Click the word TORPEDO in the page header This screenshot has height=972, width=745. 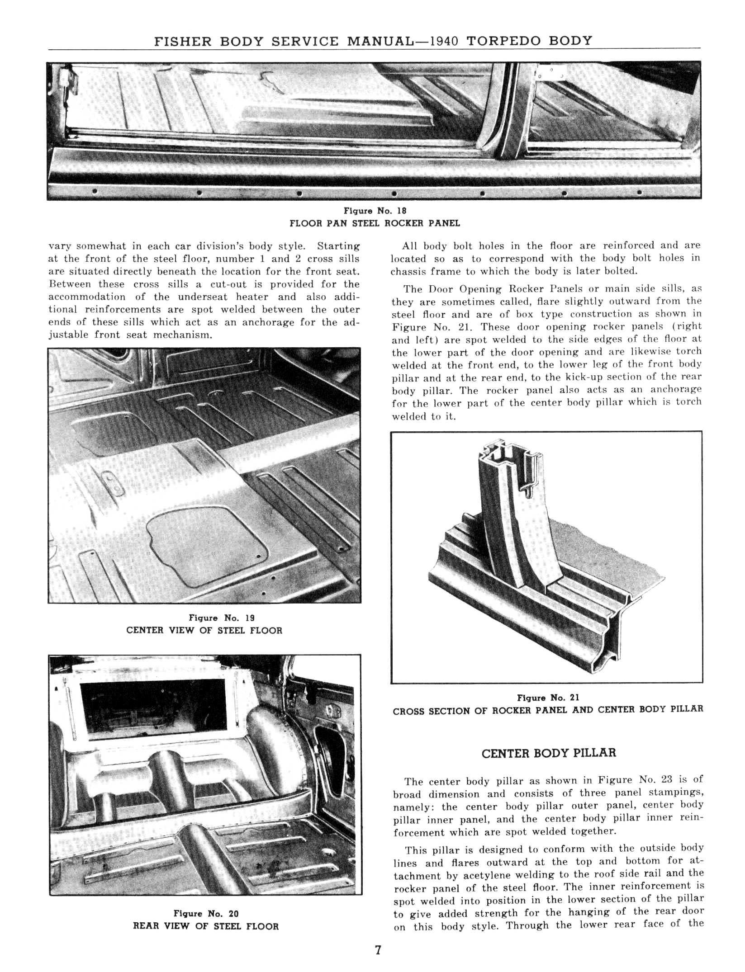[503, 41]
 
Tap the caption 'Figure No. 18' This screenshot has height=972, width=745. [375, 211]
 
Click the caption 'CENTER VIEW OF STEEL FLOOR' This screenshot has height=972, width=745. [204, 630]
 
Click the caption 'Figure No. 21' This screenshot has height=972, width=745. [548, 698]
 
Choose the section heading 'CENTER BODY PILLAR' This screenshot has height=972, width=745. [549, 753]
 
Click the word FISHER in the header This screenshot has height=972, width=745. [183, 41]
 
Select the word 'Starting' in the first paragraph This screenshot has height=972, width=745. [338, 246]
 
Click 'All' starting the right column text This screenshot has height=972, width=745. [410, 246]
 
